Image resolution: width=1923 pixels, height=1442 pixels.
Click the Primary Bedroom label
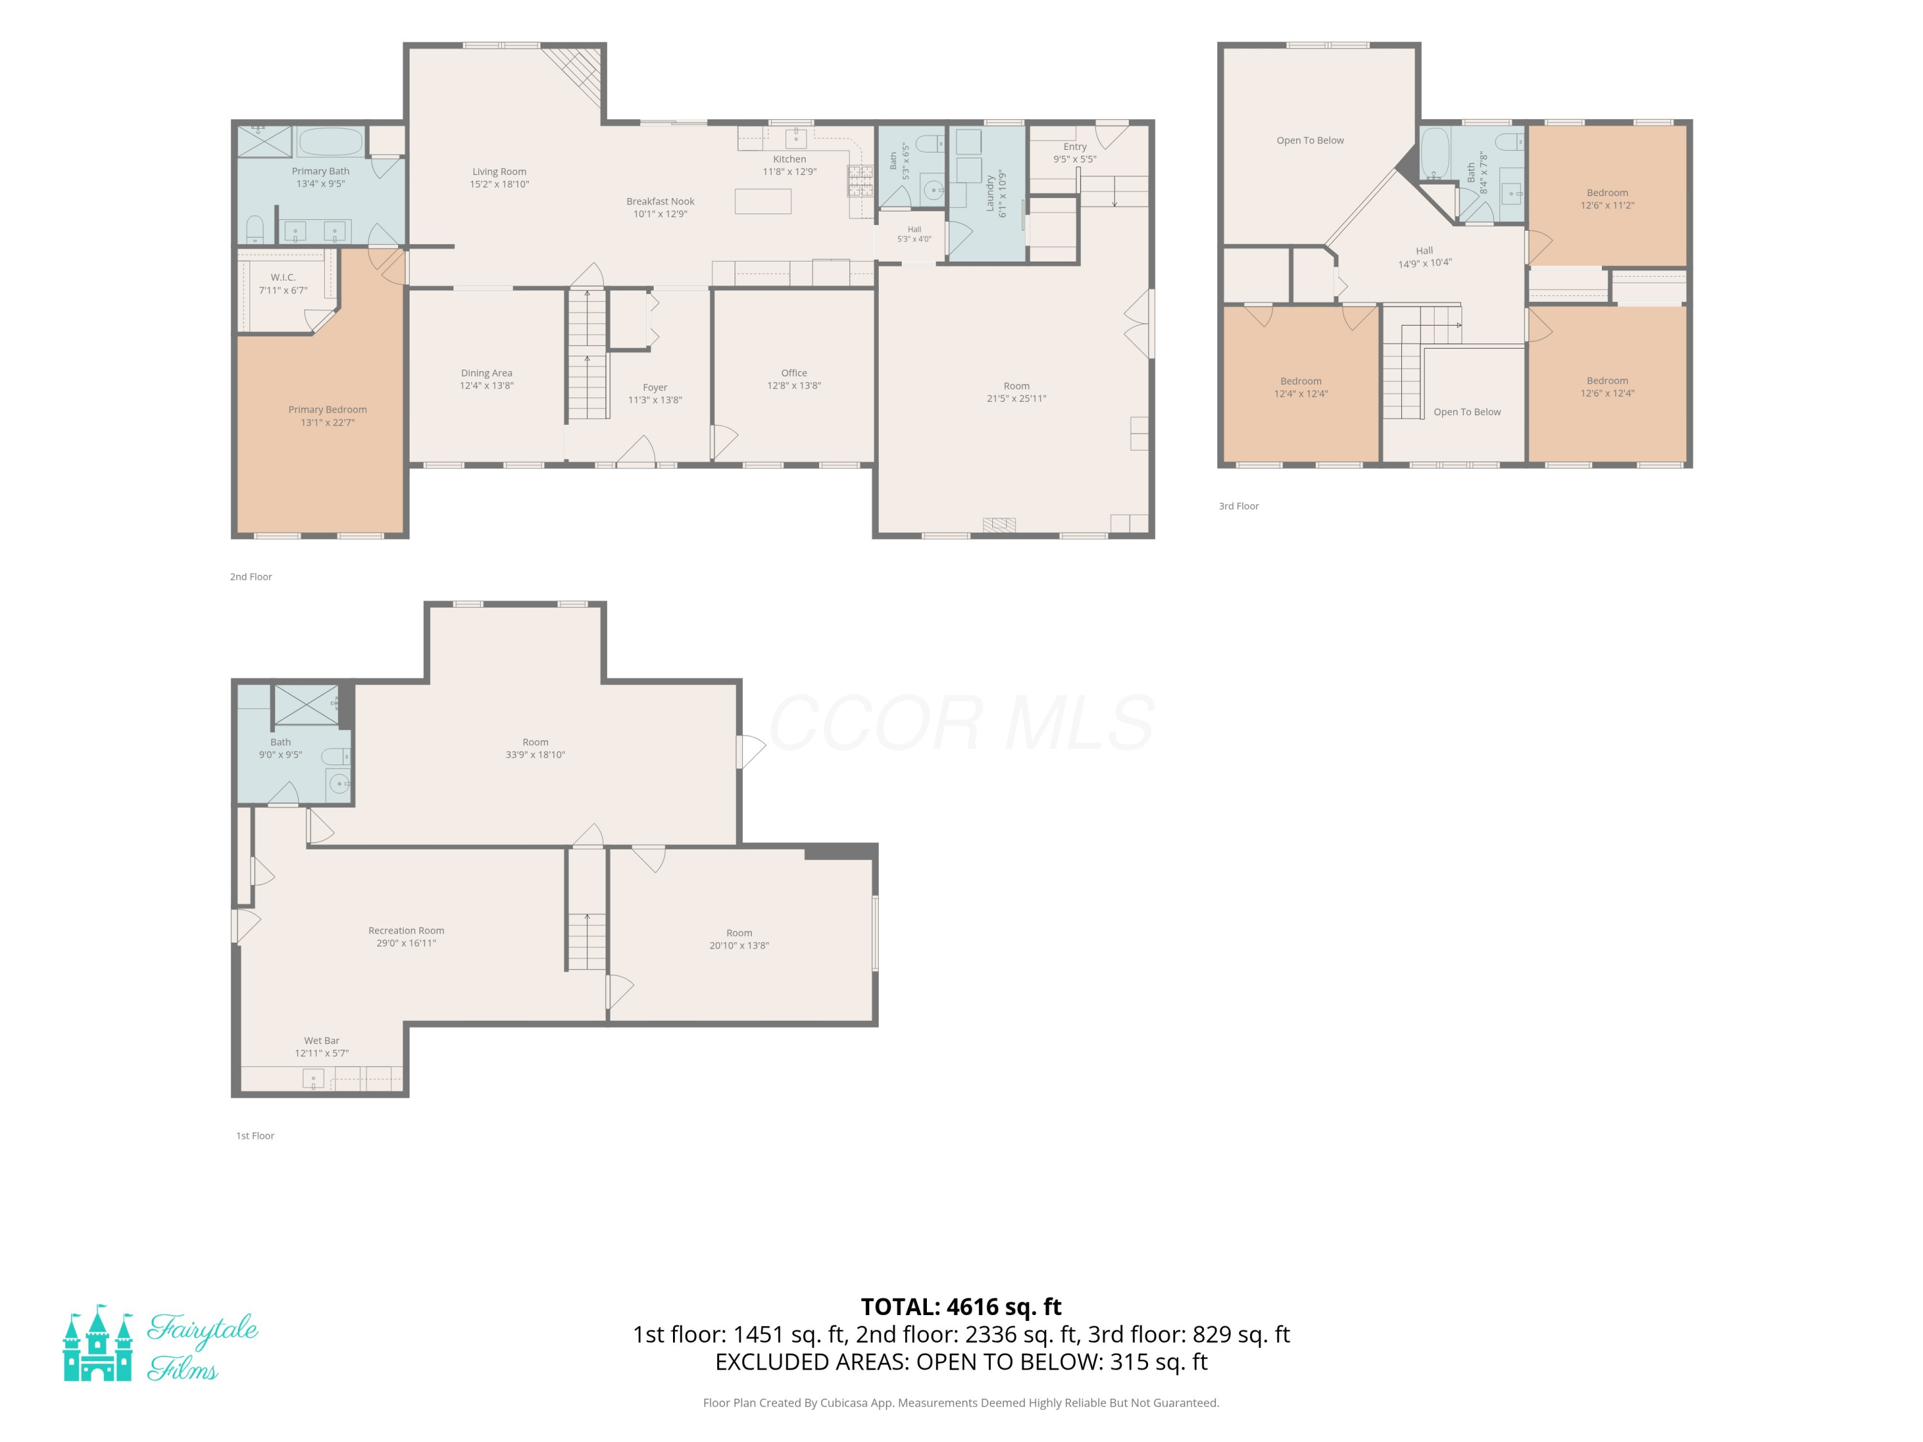[x=327, y=410]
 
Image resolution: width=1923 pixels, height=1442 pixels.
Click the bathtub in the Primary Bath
[x=329, y=142]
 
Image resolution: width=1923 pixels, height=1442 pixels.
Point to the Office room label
[x=794, y=373]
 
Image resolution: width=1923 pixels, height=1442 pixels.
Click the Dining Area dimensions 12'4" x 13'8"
[x=487, y=385]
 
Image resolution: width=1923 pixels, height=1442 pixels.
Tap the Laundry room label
[x=989, y=193]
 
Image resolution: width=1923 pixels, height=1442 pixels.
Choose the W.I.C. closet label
[x=283, y=278]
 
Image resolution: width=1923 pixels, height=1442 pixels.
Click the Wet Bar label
[x=322, y=1040]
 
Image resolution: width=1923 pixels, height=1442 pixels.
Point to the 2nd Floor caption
[x=251, y=576]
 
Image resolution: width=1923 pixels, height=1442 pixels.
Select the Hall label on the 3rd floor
[x=1424, y=251]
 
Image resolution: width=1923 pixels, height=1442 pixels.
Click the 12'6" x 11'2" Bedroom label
[x=1608, y=199]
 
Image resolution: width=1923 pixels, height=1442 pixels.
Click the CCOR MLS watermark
[x=961, y=723]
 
